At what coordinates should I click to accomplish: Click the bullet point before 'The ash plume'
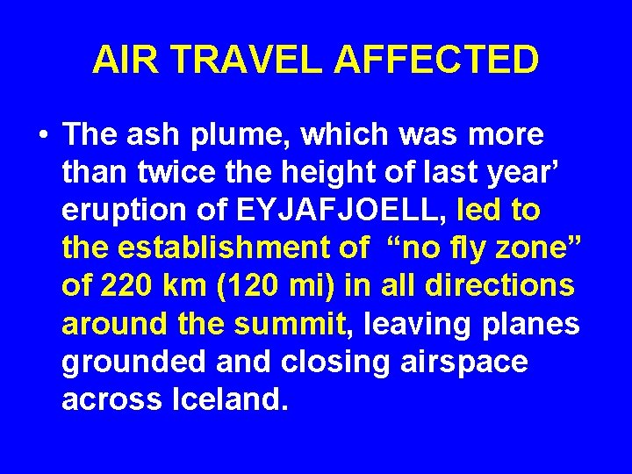coord(43,137)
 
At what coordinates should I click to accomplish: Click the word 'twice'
coord(187,174)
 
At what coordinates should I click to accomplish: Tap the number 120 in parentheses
coord(271,287)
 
